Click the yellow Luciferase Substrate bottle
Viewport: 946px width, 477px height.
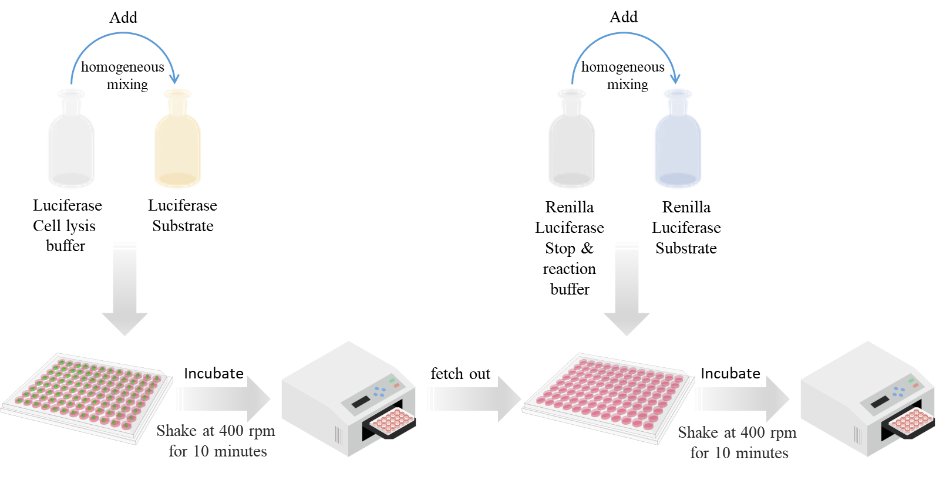[x=177, y=138]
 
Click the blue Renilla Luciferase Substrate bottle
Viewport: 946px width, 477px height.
[x=678, y=138]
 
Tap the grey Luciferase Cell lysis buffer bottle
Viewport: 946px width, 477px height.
[x=71, y=138]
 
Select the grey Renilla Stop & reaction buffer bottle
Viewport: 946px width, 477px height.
[x=571, y=138]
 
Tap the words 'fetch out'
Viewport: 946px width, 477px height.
[x=460, y=374]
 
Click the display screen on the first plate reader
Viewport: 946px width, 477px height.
[x=361, y=402]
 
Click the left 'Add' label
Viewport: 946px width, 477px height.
[x=123, y=17]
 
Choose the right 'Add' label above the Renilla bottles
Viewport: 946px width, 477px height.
[x=624, y=17]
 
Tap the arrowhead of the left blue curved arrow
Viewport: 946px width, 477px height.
[x=174, y=79]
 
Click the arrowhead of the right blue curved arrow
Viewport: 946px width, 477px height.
[x=675, y=79]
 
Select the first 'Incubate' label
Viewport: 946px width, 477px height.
[x=214, y=374]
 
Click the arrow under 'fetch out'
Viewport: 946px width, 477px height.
[x=474, y=399]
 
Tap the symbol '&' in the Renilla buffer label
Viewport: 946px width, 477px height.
[x=587, y=248]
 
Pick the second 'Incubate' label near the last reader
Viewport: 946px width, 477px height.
[x=730, y=374]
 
